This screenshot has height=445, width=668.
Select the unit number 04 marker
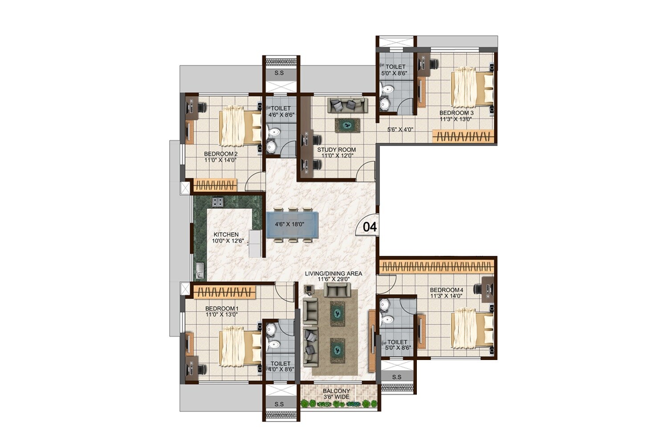point(370,227)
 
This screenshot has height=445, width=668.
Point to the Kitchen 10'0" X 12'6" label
point(226,238)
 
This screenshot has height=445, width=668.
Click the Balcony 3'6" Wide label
point(336,394)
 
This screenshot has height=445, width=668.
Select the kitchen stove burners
point(217,202)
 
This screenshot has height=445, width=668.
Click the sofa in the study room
point(348,105)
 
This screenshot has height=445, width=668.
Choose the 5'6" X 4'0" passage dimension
point(400,129)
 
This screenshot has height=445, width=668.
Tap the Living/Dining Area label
point(333,276)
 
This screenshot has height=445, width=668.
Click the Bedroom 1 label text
point(222,311)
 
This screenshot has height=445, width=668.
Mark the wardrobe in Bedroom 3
point(463,136)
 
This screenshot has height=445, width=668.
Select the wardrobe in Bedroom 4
point(436,267)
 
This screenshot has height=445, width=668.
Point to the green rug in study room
point(348,125)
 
